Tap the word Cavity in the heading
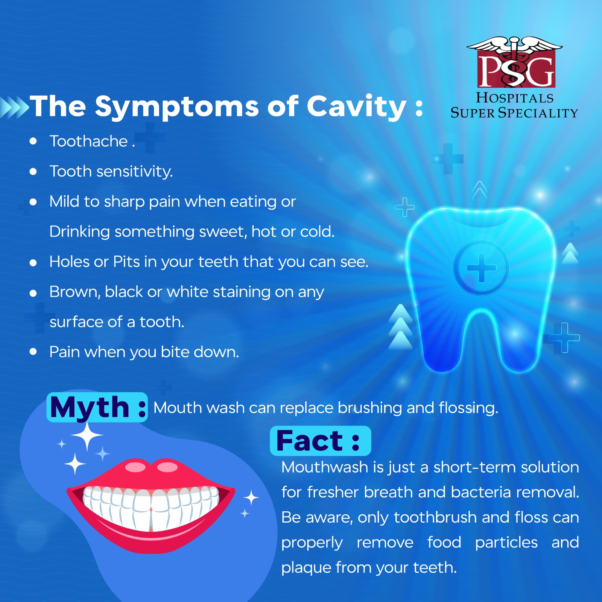pos(357,107)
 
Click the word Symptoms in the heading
pos(177,107)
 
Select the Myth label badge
pos(97,407)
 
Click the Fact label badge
pos(321,441)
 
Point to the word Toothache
pos(89,141)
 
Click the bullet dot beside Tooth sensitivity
pos(33,172)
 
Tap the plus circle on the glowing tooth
pos(482,268)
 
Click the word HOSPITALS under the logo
pos(515,98)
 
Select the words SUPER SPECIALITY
pos(514,112)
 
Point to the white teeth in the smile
pos(151,506)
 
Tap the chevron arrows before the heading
pos(14,107)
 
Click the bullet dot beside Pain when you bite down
pos(33,351)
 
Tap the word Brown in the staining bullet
pos(75,292)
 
